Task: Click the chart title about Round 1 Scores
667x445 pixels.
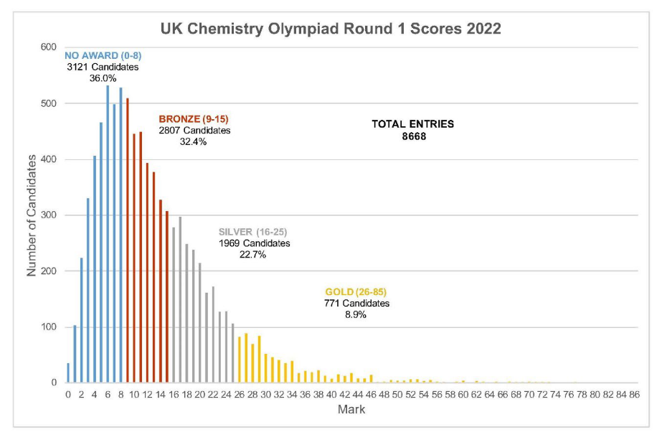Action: [x=331, y=29]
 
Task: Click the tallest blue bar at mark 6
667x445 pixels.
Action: [x=108, y=237]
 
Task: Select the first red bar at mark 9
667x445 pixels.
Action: [x=128, y=244]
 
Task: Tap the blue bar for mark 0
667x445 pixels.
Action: [x=68, y=373]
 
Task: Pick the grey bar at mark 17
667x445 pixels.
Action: [x=180, y=301]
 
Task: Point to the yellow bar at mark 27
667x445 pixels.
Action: [x=246, y=359]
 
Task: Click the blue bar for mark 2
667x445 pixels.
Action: [x=81, y=323]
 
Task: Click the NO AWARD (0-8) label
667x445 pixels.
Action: [x=98, y=55]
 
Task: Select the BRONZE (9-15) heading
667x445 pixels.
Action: [x=194, y=118]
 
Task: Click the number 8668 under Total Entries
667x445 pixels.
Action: [x=412, y=136]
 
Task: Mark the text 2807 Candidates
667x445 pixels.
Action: [x=194, y=131]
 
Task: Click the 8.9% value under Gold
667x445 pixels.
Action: [x=356, y=314]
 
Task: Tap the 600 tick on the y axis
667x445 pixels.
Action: [x=49, y=47]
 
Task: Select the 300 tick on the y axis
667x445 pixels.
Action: [x=49, y=215]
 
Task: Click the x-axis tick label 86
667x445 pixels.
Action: [x=634, y=395]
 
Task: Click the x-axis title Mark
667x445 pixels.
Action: [x=351, y=410]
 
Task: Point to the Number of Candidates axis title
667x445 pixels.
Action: [x=32, y=215]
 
